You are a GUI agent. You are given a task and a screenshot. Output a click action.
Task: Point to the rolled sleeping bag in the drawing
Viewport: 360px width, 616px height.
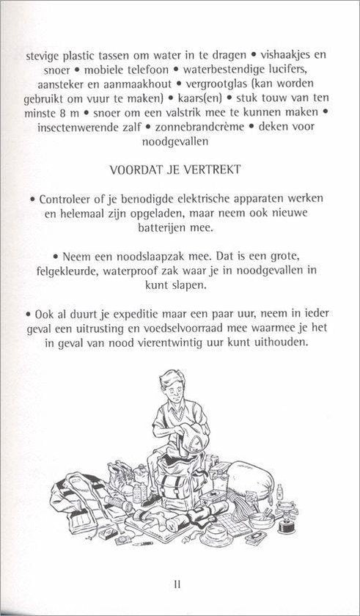[253, 481]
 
